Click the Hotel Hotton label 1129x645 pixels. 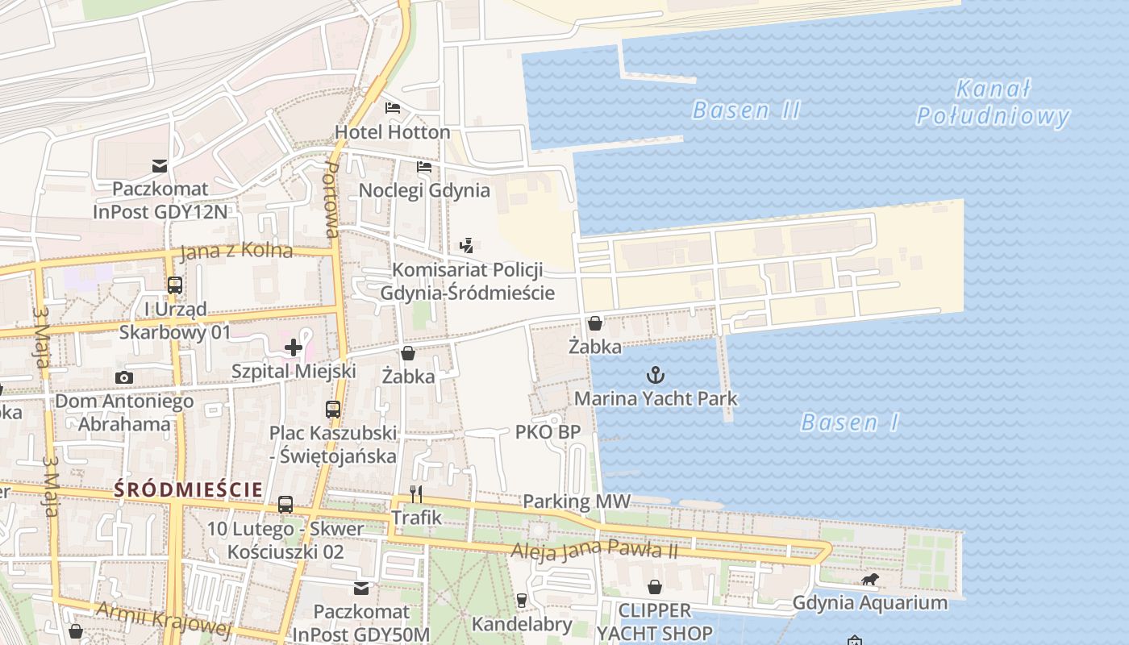[393, 131]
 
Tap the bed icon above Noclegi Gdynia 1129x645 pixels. [424, 167]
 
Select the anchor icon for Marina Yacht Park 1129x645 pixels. [656, 374]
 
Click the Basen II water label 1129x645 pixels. [746, 110]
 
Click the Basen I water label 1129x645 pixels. [849, 422]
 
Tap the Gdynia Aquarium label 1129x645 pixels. [869, 602]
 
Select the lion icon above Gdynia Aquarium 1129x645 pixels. [869, 580]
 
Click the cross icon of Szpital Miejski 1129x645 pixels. [294, 347]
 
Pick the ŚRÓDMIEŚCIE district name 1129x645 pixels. [188, 489]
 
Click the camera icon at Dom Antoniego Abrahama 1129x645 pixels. [123, 377]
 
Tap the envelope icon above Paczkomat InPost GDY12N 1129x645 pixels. [160, 166]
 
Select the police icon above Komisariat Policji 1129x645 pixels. [466, 246]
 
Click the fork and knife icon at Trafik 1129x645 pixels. [416, 493]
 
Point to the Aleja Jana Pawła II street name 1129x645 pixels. [595, 551]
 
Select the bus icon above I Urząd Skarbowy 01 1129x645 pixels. [174, 285]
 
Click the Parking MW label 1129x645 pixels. [576, 501]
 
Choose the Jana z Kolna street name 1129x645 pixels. [236, 251]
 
